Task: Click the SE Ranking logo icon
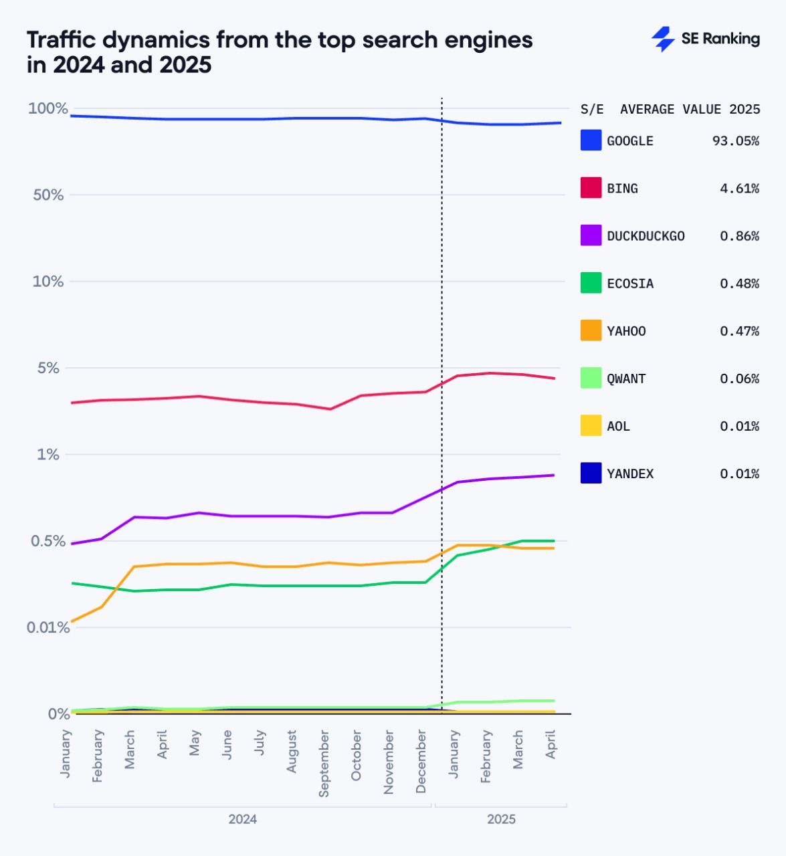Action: pyautogui.click(x=663, y=39)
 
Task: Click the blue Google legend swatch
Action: pyautogui.click(x=591, y=140)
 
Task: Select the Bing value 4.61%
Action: pyautogui.click(x=739, y=189)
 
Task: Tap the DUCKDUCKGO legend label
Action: pyautogui.click(x=646, y=236)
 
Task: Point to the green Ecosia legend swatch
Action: pyautogui.click(x=591, y=283)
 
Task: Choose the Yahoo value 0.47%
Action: pyautogui.click(x=739, y=331)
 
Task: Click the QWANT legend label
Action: pyautogui.click(x=626, y=379)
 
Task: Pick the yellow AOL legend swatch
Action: pyautogui.click(x=591, y=426)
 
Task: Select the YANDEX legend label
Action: pyautogui.click(x=630, y=473)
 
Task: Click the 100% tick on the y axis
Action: pyautogui.click(x=47, y=108)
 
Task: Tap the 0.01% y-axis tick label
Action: pyautogui.click(x=47, y=627)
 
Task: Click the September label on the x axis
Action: pyautogui.click(x=324, y=763)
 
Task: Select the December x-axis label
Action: pyautogui.click(x=421, y=761)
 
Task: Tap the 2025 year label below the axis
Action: pyautogui.click(x=501, y=819)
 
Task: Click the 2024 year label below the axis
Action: pyautogui.click(x=242, y=819)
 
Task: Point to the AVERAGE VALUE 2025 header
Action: pyautogui.click(x=690, y=110)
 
